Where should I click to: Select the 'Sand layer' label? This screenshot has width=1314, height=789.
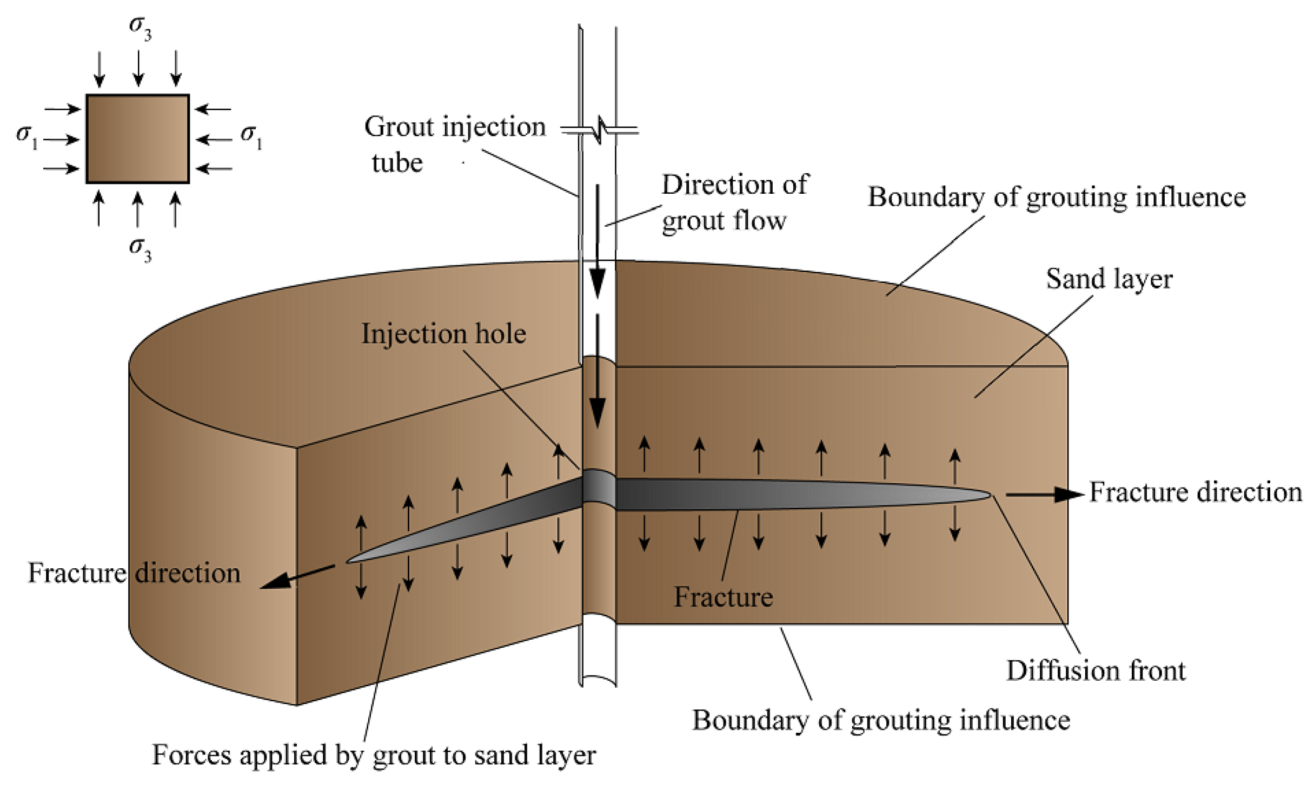point(1109,279)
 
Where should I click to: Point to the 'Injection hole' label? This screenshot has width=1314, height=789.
point(443,333)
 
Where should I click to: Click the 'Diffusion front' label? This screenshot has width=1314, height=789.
point(1096,670)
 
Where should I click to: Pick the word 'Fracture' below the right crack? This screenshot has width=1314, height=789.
point(723,597)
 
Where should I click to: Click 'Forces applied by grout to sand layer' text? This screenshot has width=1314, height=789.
point(374,755)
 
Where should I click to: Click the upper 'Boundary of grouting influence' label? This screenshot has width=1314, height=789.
point(1057,197)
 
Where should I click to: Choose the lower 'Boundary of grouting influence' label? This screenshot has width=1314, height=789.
point(881,720)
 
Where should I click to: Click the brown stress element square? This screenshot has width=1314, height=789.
point(138,139)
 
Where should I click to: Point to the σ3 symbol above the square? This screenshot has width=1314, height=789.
point(140,27)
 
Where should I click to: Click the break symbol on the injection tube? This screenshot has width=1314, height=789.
point(599,130)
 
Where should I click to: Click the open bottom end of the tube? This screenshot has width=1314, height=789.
point(599,680)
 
